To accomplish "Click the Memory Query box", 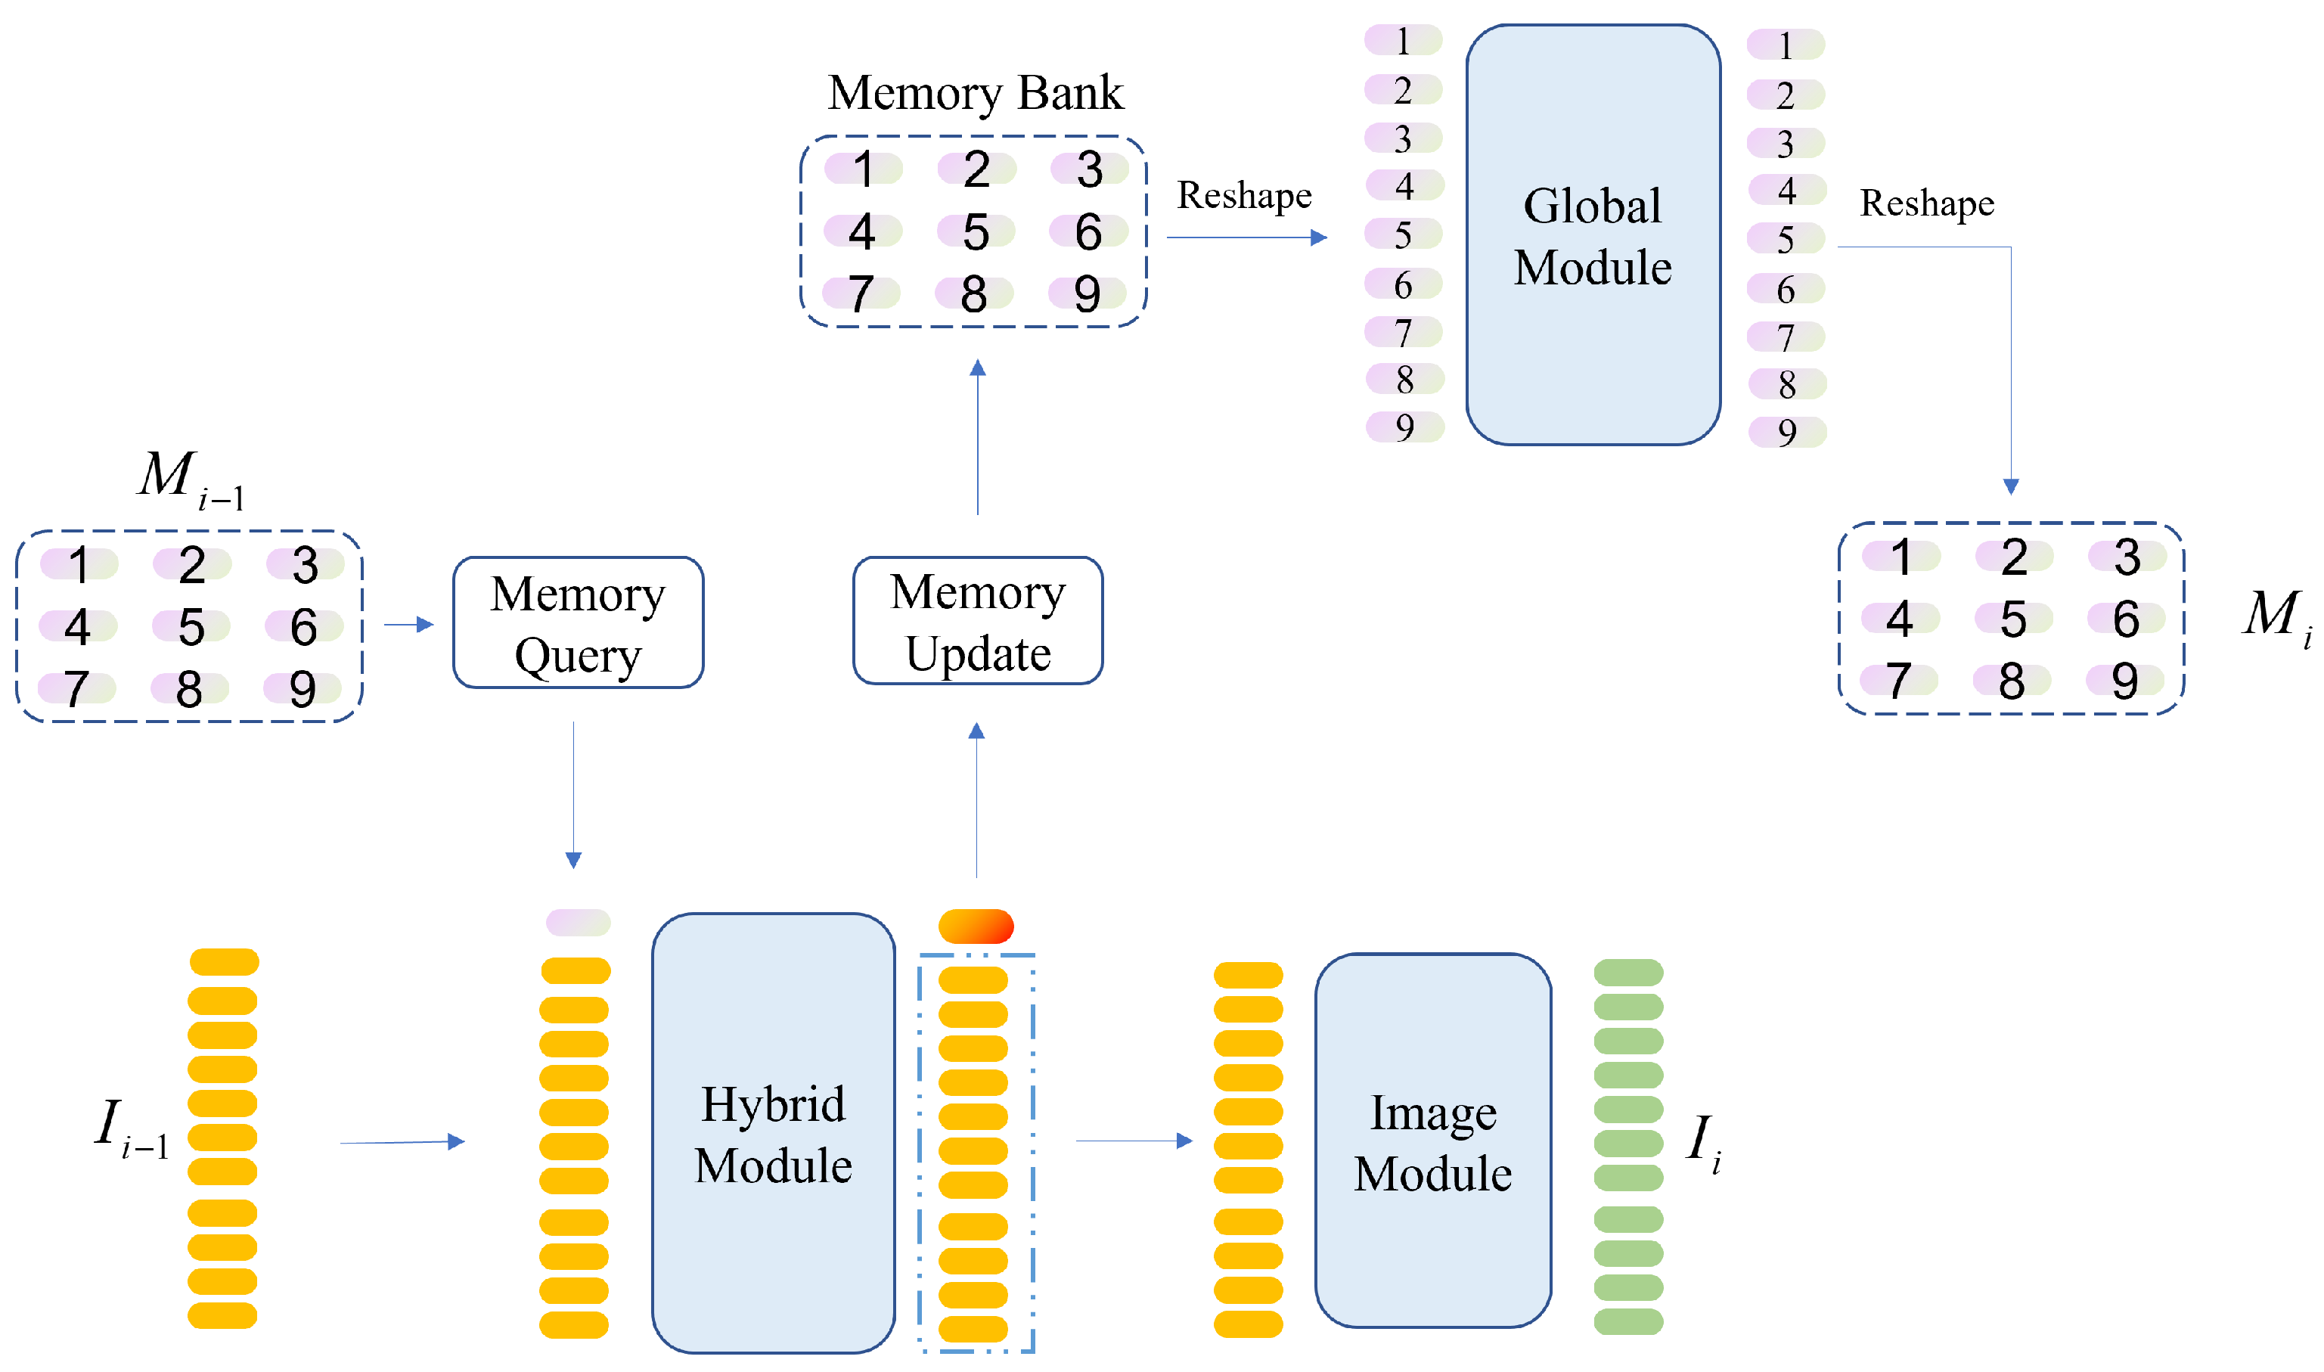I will coord(578,622).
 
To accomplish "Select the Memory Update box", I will coord(977,620).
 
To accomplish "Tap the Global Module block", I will coord(1592,234).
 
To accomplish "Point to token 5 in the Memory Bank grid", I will coord(976,231).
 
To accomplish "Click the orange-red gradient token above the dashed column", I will coord(976,926).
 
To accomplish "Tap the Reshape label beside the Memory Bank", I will coord(1243,195).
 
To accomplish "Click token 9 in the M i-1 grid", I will coord(303,688).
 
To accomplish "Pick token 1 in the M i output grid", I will coord(1900,557).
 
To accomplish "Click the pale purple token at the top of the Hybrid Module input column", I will coord(578,922).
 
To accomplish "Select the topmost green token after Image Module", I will coord(1628,972).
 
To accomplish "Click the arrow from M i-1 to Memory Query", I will coord(408,625).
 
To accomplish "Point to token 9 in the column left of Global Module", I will coord(1404,427).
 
